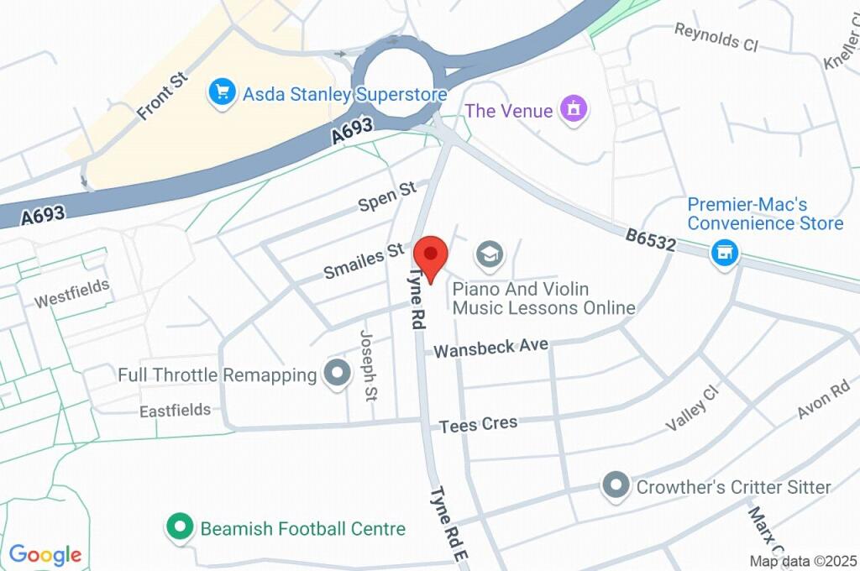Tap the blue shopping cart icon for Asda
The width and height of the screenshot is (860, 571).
click(x=222, y=93)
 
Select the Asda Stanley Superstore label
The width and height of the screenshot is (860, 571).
click(x=344, y=93)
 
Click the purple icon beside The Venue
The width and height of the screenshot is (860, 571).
click(x=574, y=109)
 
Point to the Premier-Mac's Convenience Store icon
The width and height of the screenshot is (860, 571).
click(x=724, y=253)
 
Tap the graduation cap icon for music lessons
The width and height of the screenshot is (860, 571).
click(x=489, y=253)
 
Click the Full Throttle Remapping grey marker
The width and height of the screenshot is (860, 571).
click(x=337, y=374)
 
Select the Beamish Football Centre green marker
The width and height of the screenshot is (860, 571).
click(x=178, y=528)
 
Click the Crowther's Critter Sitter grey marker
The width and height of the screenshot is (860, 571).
click(x=616, y=486)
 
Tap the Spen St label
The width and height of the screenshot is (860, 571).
click(x=387, y=197)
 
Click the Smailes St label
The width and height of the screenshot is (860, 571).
click(x=364, y=262)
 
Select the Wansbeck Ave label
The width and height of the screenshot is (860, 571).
click(x=490, y=346)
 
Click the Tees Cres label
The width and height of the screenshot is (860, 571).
click(x=479, y=425)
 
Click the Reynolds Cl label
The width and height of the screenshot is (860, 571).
click(x=716, y=36)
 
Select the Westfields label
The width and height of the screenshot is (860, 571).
click(x=71, y=293)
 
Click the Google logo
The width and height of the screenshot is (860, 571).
click(x=45, y=554)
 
